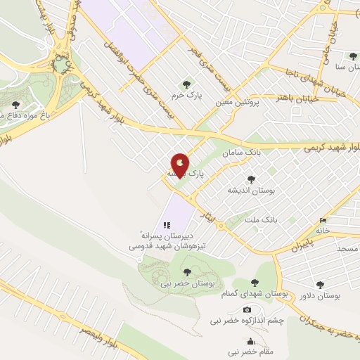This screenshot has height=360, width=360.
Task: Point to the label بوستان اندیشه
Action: point(250,190)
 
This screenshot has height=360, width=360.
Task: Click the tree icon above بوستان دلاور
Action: point(321,285)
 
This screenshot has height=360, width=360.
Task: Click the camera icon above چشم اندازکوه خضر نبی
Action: point(247,309)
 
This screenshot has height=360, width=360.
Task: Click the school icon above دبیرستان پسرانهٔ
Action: point(167,225)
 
